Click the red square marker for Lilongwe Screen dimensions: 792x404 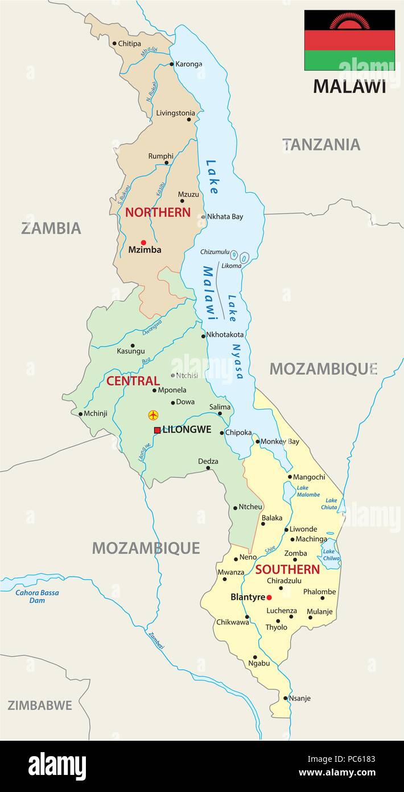click(157, 430)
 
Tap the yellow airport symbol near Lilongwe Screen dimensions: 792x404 click(153, 415)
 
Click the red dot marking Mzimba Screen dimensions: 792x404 click(143, 242)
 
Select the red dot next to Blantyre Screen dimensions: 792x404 click(270, 598)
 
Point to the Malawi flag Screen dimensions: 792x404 click(349, 40)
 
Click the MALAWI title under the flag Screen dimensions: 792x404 click(349, 86)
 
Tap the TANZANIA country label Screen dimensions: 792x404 click(321, 145)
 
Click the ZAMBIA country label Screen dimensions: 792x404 click(51, 228)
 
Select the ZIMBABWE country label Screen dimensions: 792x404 click(40, 705)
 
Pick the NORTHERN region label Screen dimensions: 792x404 click(158, 213)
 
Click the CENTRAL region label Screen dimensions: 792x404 click(133, 381)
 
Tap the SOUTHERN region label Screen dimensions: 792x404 click(287, 569)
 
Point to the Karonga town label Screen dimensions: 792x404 click(189, 64)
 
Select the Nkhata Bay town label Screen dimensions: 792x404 click(225, 217)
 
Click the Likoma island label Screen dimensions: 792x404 click(232, 266)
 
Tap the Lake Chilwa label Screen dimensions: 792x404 click(331, 555)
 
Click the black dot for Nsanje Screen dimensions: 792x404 click(286, 698)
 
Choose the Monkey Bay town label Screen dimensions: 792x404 click(279, 442)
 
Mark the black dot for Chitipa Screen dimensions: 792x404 click(114, 43)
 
